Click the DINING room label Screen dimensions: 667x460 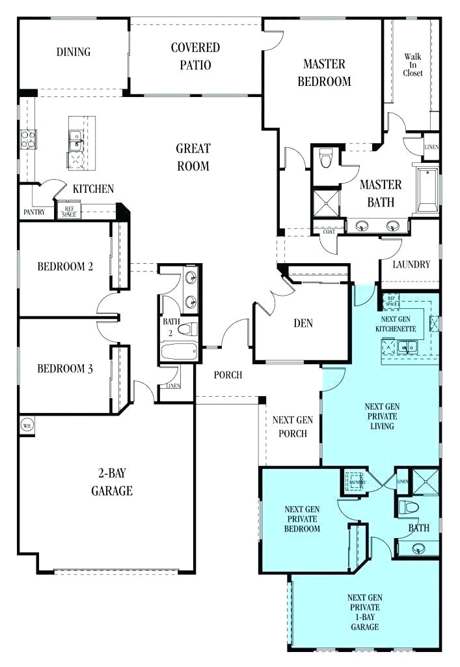pos(73,52)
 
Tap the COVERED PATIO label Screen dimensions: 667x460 pos(195,56)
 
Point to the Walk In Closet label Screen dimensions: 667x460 pos(413,65)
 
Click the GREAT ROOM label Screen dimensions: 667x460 pos(193,157)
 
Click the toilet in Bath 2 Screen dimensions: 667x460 pos(186,330)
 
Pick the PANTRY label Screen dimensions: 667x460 pos(34,212)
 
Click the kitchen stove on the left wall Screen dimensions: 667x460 pos(29,139)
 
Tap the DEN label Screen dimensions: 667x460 pos(304,324)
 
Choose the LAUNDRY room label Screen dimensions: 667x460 pos(411,264)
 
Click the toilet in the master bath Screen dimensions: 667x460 pos(326,156)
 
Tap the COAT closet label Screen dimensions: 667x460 pos(325,231)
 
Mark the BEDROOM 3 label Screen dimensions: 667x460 pos(64,369)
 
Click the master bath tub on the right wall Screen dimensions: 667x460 pos(427,190)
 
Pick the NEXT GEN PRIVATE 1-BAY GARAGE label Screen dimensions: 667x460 pos(364,612)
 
